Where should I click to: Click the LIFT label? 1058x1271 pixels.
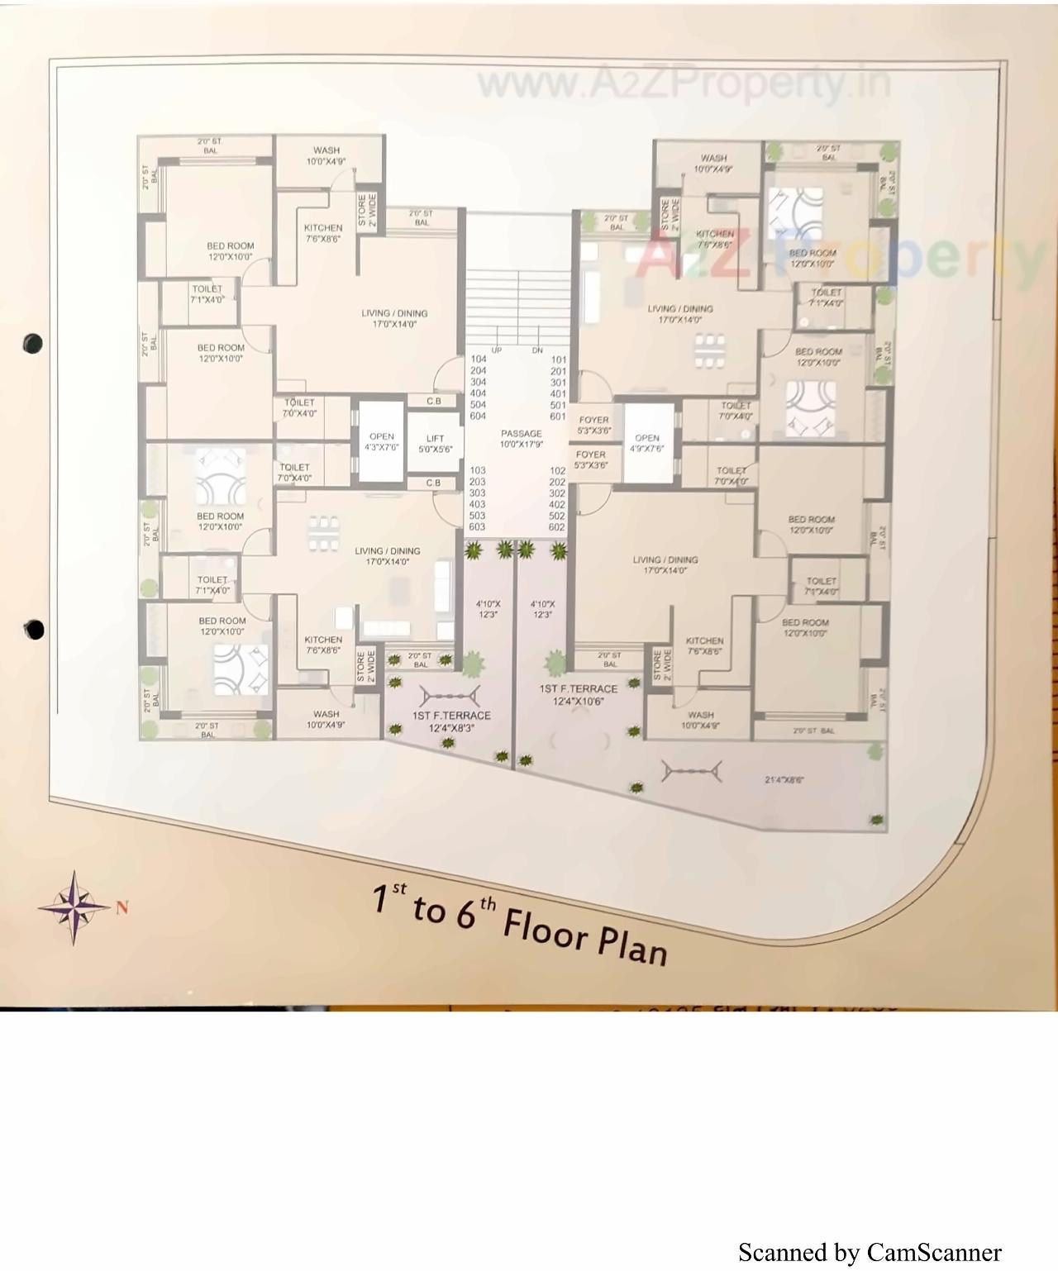(435, 444)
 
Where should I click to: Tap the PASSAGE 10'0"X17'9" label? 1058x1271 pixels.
(521, 439)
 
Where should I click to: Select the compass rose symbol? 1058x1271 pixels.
(74, 907)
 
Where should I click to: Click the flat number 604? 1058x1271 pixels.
(478, 417)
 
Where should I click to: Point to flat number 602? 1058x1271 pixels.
(557, 527)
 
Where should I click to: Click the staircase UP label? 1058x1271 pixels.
(497, 350)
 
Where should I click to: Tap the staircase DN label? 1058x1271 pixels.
(537, 350)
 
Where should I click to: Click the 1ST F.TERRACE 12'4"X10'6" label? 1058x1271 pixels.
(579, 695)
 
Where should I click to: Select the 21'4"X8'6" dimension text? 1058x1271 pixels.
(784, 779)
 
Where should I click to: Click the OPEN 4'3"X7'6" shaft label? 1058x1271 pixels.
(381, 442)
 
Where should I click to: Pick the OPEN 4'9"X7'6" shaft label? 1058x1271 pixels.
(647, 444)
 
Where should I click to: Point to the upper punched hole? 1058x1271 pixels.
(33, 342)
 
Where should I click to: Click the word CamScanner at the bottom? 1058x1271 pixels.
(934, 1253)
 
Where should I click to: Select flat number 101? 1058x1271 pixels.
(559, 359)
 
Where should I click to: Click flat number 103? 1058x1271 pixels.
(478, 470)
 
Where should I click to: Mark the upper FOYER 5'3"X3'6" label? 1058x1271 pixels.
(593, 426)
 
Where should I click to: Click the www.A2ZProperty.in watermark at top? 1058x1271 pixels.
(684, 83)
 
